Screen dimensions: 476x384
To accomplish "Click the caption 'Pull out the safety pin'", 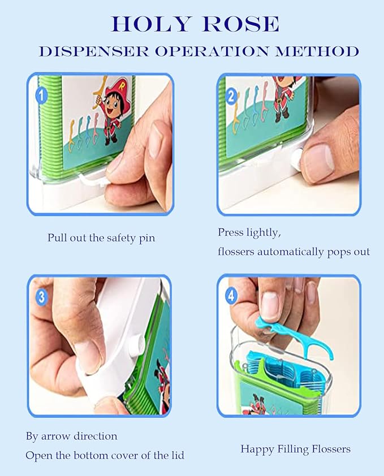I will pyautogui.click(x=101, y=238).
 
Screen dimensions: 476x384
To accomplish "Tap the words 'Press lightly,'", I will pyautogui.click(x=249, y=232).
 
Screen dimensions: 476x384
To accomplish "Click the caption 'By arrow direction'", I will pyautogui.click(x=72, y=436).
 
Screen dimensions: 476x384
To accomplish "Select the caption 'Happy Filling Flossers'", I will pyautogui.click(x=295, y=449).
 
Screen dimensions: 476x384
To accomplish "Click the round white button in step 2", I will pyautogui.click(x=297, y=160).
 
